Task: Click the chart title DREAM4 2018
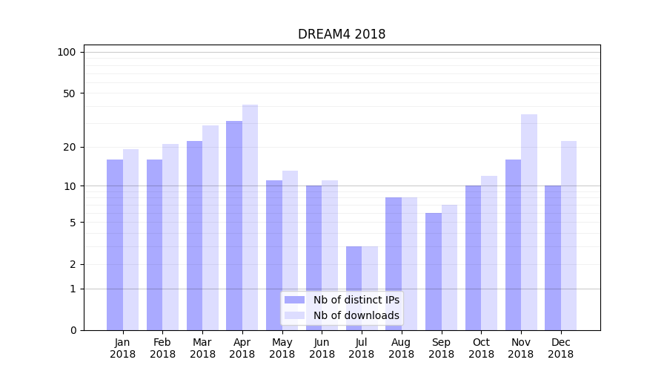click(x=342, y=34)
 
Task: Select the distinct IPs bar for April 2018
click(x=234, y=226)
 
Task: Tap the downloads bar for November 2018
click(x=528, y=223)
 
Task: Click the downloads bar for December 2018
click(x=568, y=236)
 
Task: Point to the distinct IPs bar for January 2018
click(x=115, y=245)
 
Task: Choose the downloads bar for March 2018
click(x=210, y=228)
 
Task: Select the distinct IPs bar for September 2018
click(x=434, y=272)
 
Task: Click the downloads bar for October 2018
click(x=488, y=253)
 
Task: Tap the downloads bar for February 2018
click(x=170, y=237)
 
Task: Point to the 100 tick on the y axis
click(x=67, y=52)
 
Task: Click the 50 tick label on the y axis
click(x=69, y=93)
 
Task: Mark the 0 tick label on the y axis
click(x=73, y=330)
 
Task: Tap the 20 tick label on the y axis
click(x=69, y=147)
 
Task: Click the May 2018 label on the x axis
click(x=282, y=348)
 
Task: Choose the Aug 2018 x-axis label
click(x=402, y=348)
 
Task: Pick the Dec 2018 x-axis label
click(x=560, y=348)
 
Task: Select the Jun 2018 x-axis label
click(x=322, y=348)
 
